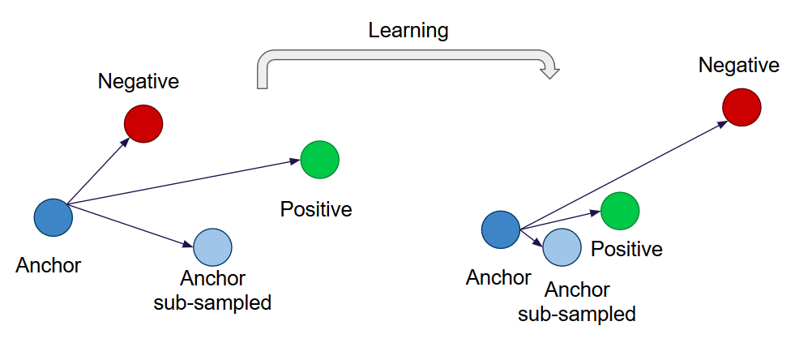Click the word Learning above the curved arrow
coord(408,32)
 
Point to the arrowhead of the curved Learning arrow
coord(550,71)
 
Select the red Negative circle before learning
coord(143,124)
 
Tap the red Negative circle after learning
coord(742,107)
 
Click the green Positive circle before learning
coord(320,160)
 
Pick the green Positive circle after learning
coord(620,211)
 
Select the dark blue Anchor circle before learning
coord(53,218)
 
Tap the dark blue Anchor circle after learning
coord(501,229)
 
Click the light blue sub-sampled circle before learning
coord(212,247)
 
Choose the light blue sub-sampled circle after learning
coord(562,247)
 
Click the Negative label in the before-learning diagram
coord(139,82)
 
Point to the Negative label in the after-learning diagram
coord(739,65)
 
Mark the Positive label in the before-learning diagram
coord(316,209)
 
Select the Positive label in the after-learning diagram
coord(626,249)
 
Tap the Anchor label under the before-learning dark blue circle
coord(49,265)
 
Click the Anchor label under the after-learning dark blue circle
coord(498,278)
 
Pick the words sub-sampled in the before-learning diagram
coord(212,303)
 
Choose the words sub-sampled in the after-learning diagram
coord(577,314)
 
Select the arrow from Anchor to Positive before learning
coord(184,182)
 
